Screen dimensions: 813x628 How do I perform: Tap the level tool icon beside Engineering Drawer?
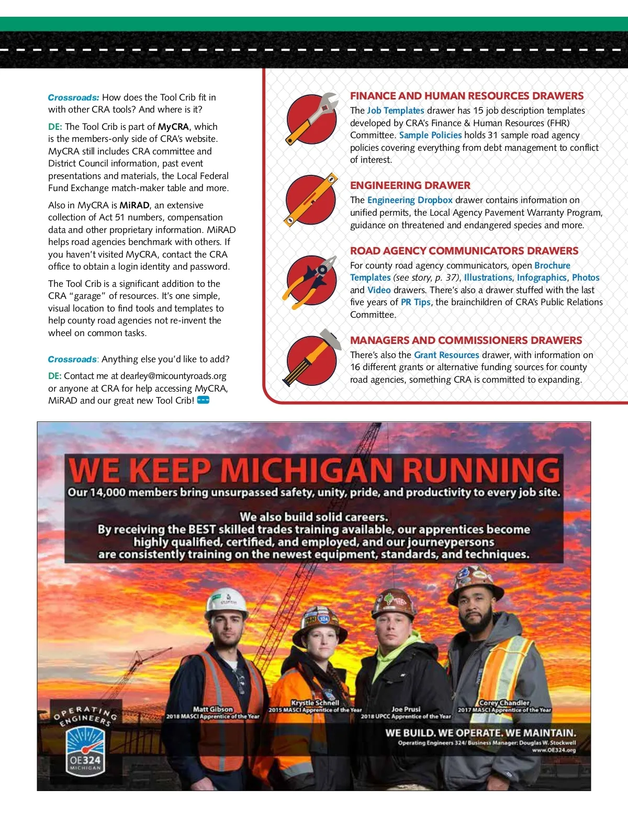coord(311,200)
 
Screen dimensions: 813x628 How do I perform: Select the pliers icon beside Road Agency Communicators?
coord(311,281)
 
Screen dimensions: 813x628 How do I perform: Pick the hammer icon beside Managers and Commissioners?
coord(311,359)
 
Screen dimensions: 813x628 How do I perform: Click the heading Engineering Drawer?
coord(410,185)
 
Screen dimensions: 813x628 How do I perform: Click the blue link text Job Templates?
coord(395,110)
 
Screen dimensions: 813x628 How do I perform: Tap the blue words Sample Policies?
coord(430,135)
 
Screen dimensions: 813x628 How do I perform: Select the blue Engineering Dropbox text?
coord(410,200)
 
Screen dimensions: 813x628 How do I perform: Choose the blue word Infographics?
coord(542,277)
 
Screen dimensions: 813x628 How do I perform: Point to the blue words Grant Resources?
coord(446,355)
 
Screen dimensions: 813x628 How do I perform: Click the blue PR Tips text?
coord(416,302)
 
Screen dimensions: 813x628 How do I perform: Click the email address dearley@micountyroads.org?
coord(173,376)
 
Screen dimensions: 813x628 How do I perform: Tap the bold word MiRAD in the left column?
coord(134,205)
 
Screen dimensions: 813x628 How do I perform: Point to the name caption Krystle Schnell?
coord(315,703)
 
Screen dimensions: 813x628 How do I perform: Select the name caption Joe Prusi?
coord(406,709)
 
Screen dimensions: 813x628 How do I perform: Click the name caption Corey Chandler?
coord(504,703)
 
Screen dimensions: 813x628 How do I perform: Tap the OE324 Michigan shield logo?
coord(85,750)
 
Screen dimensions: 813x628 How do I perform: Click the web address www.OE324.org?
coord(554,750)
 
